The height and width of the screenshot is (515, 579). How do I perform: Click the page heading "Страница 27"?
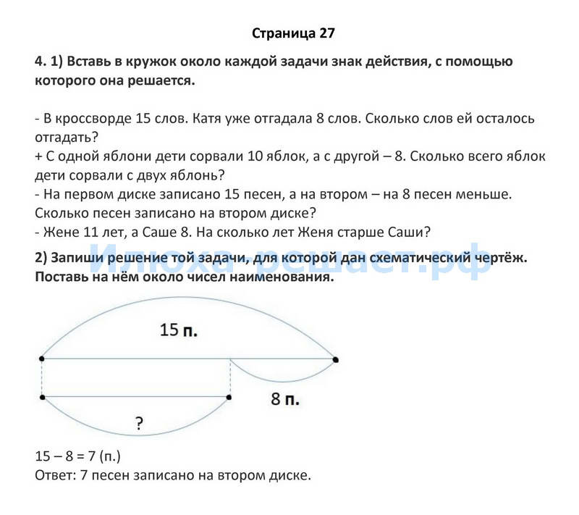pyautogui.click(x=294, y=33)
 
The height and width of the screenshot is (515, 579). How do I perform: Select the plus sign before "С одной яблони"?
pyautogui.click(x=38, y=156)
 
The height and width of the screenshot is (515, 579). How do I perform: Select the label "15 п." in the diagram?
pyautogui.click(x=179, y=330)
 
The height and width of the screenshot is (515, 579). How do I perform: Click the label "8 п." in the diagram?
pyautogui.click(x=285, y=398)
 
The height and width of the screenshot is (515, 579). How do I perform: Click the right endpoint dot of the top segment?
pyautogui.click(x=335, y=359)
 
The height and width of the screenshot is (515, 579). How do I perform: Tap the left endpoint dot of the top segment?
pyautogui.click(x=42, y=359)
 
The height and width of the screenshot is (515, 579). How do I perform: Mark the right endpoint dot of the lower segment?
pyautogui.click(x=229, y=397)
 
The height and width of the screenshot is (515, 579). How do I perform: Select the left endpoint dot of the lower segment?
pyautogui.click(x=42, y=397)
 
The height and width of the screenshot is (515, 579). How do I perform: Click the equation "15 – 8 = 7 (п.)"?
pyautogui.click(x=77, y=457)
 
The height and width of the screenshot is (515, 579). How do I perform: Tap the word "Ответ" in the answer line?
pyautogui.click(x=53, y=476)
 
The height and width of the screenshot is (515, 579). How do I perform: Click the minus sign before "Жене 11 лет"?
pyautogui.click(x=37, y=232)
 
